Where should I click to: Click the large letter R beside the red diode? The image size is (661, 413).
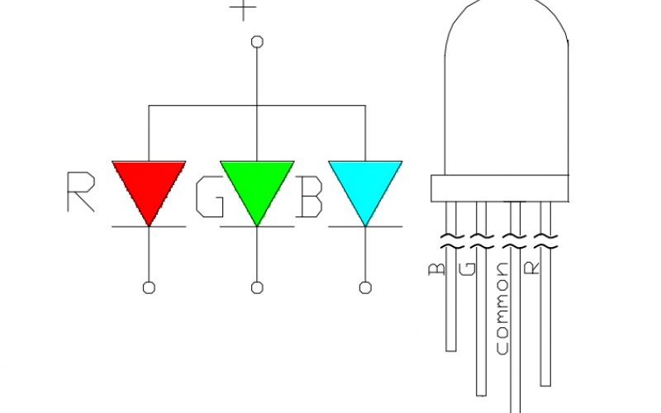point(81,192)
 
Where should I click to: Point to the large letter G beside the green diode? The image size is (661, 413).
point(210,197)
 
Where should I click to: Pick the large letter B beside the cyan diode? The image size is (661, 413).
point(310,197)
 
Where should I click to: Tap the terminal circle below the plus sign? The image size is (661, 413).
point(257,42)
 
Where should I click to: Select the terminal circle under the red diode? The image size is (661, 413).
point(149,287)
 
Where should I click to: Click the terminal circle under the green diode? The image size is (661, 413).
point(257,287)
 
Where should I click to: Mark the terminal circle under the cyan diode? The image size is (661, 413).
point(365,287)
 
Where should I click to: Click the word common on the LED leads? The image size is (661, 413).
point(502,308)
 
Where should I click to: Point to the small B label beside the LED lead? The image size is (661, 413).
point(436,270)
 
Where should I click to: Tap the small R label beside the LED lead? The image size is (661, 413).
point(532,268)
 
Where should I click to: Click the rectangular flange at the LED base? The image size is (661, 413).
point(500,188)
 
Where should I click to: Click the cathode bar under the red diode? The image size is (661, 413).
point(149,226)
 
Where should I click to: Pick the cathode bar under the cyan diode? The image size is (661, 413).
point(365,226)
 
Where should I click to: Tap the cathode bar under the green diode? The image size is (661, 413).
point(257,226)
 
